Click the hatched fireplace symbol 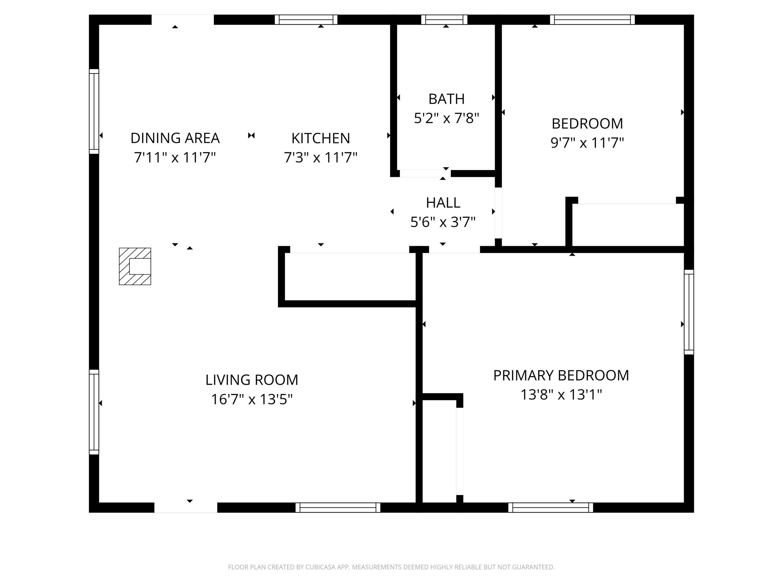[135, 266]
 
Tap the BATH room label [446, 99]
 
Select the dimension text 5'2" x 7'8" [446, 118]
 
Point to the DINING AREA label [175, 138]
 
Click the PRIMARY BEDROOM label [561, 375]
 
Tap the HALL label [443, 203]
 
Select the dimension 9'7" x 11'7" [587, 142]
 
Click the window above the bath [444, 20]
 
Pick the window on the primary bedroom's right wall [688, 312]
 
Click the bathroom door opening [425, 173]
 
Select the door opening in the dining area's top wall [183, 20]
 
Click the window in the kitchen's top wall [306, 20]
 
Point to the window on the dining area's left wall [94, 112]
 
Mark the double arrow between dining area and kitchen [251, 135]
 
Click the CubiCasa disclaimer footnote [391, 567]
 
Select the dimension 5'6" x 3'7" [443, 222]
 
